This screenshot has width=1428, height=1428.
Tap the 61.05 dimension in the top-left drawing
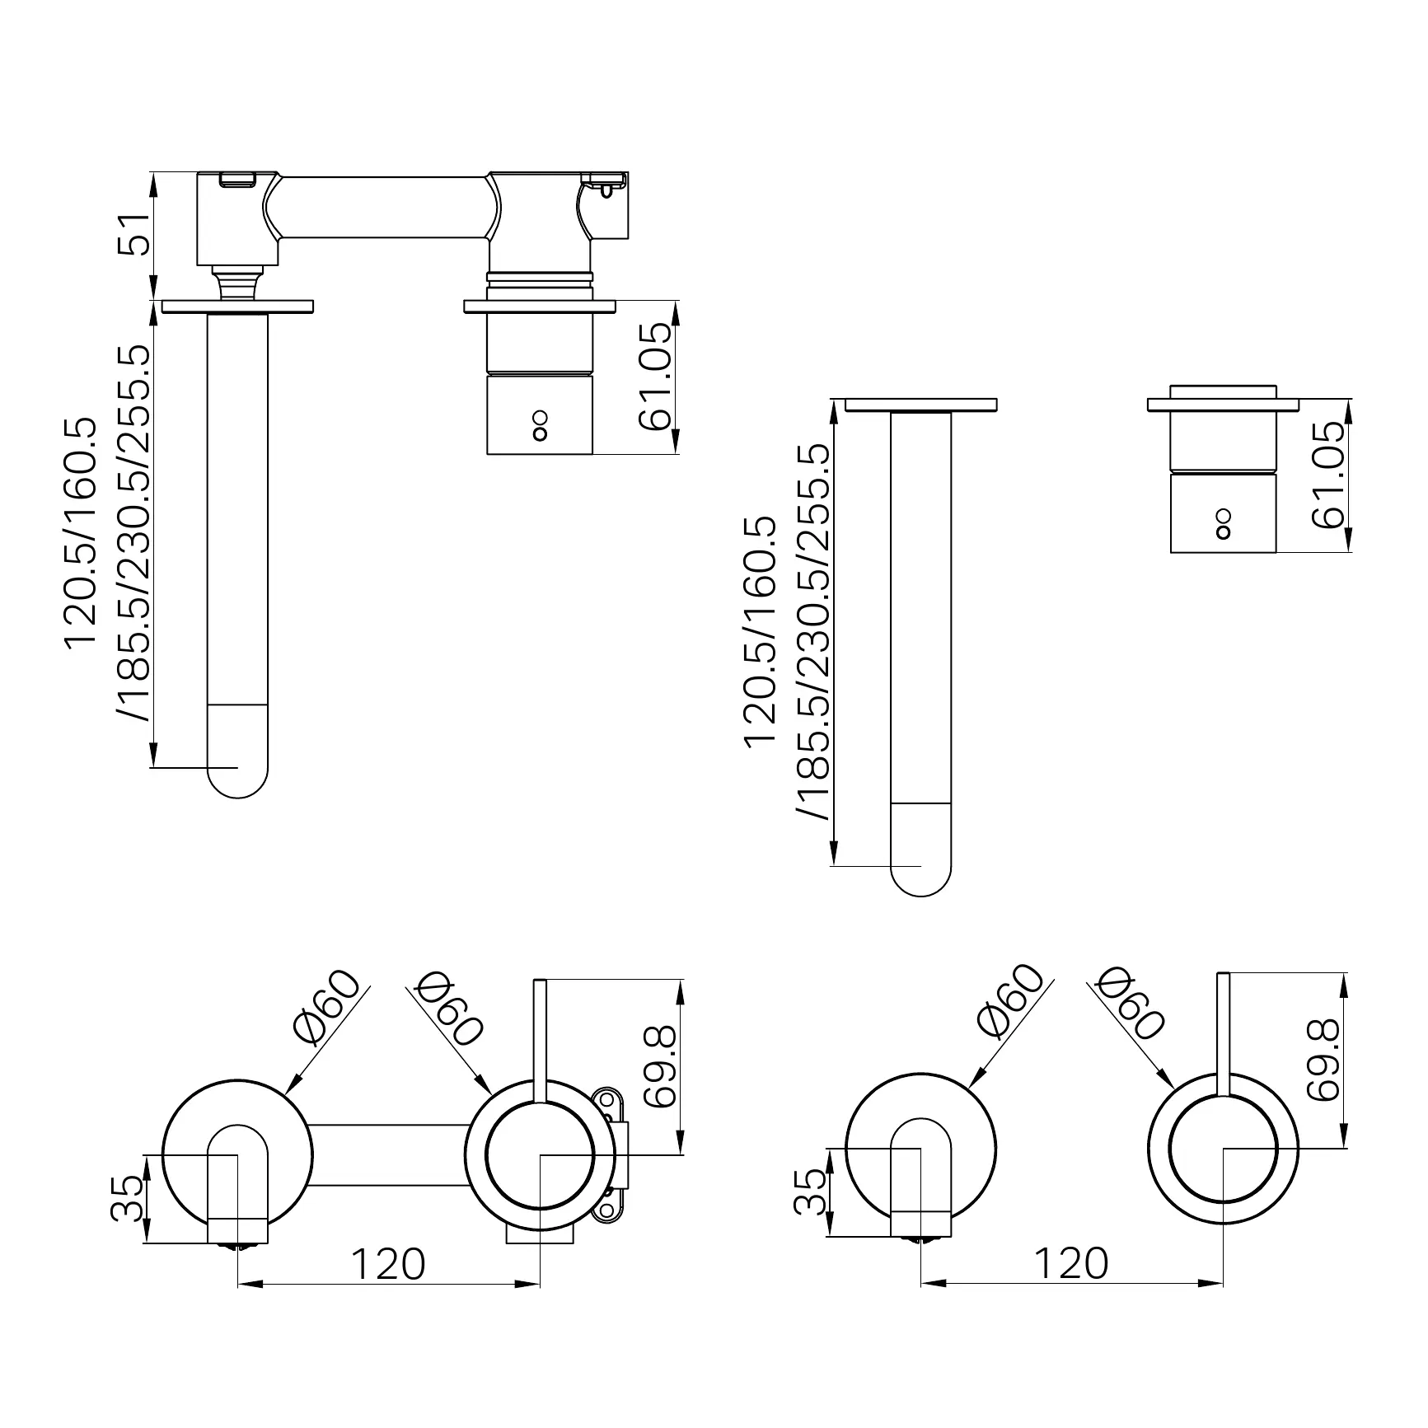click(x=657, y=377)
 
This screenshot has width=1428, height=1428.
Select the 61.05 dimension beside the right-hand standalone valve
click(x=1327, y=475)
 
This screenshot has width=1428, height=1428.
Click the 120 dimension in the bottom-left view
click(x=388, y=1264)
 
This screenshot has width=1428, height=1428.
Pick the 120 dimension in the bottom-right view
click(x=1070, y=1263)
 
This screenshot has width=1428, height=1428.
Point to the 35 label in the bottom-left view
click(x=128, y=1199)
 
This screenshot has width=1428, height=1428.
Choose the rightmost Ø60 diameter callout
click(x=1131, y=1003)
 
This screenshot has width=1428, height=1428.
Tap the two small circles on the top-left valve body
click(x=540, y=425)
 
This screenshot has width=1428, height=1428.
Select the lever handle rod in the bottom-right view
click(x=1224, y=1034)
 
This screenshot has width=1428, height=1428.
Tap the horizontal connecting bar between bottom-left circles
click(x=388, y=1154)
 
